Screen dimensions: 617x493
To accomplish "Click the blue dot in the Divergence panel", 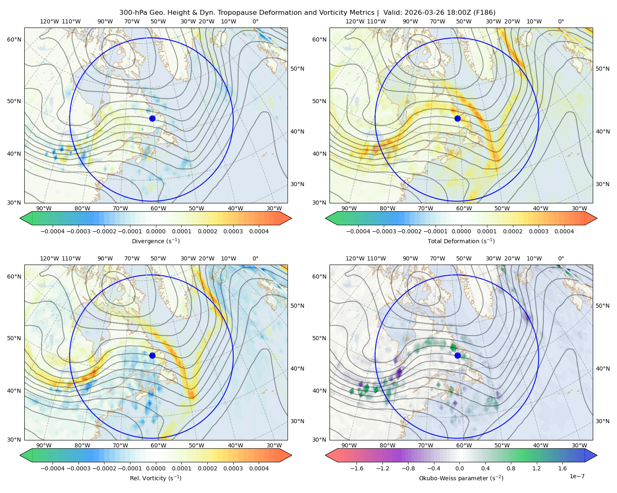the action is (x=152, y=118).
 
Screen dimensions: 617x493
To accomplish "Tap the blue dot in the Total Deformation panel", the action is (x=457, y=118).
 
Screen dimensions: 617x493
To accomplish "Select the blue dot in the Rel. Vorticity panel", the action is (x=152, y=355).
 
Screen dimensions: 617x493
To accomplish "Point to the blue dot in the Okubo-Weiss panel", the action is (x=457, y=355).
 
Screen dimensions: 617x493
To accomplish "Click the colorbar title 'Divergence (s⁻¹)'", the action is (x=155, y=241).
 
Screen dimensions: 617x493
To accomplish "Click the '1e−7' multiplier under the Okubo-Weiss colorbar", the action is (x=577, y=476).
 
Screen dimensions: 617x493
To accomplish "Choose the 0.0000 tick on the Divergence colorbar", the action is (x=155, y=231).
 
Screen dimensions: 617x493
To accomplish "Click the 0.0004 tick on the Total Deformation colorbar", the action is (x=564, y=231).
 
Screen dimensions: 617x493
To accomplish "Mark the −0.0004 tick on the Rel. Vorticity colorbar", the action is (x=53, y=468).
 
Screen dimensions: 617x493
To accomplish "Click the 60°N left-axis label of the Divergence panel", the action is (x=14, y=39).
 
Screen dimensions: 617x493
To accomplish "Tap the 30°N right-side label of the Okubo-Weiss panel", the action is (x=603, y=421).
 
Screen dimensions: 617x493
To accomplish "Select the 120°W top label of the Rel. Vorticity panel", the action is (x=49, y=258).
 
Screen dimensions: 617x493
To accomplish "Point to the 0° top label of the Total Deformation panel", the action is (x=561, y=21).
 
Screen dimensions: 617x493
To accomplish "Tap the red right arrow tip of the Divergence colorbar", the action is (x=292, y=218).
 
